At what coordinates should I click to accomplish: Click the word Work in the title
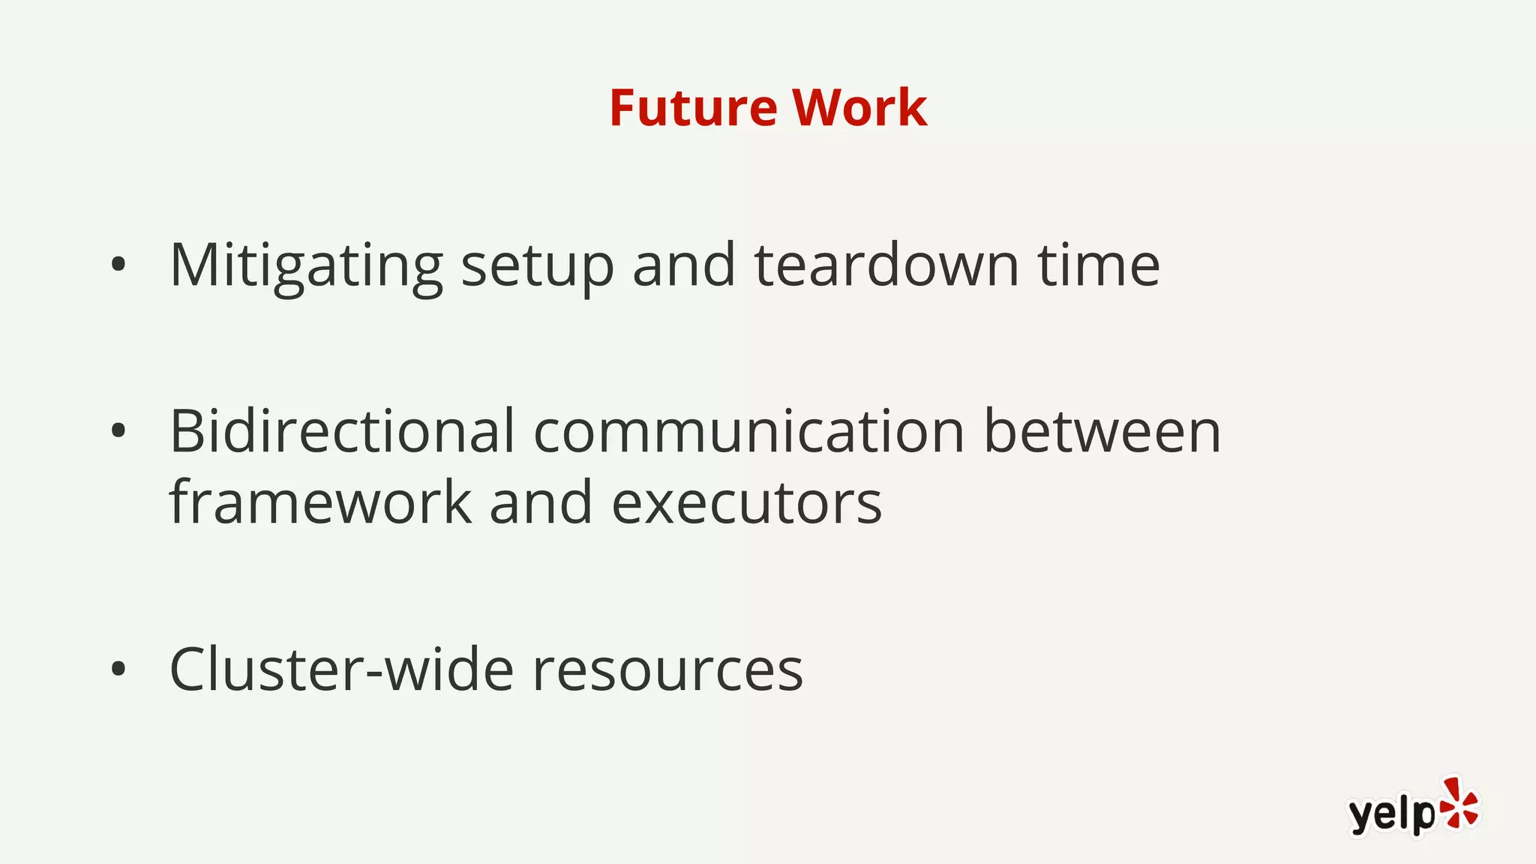pos(859,108)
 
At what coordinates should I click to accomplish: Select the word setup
pos(537,267)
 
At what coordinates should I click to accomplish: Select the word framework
pos(320,502)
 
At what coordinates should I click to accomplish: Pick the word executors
pos(747,503)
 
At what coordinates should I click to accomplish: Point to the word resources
pos(667,670)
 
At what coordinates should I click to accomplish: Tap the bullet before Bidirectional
pos(118,430)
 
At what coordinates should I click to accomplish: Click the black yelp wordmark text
pos(1391,814)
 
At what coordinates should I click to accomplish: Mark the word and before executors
pos(541,502)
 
